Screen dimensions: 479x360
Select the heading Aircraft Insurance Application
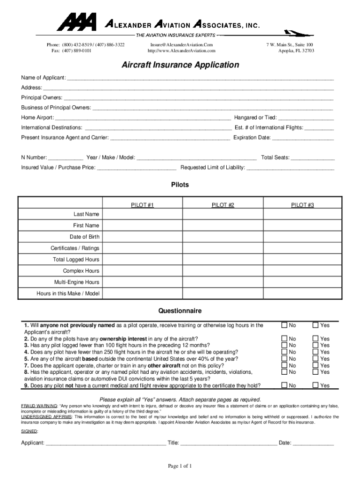pos(180,65)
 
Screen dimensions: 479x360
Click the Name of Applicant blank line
pos(200,78)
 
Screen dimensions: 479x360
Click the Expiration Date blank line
pos(303,138)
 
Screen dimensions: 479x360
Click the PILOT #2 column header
pos(223,205)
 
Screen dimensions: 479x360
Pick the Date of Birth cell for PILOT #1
pos(143,237)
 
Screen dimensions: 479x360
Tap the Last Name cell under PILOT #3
pos(302,214)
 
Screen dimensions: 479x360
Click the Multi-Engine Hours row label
pos(76,282)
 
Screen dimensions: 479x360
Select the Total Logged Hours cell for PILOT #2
pos(223,260)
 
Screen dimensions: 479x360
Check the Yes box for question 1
pos(316,325)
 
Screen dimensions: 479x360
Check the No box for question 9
pos(284,385)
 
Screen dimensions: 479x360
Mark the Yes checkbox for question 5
pos(316,359)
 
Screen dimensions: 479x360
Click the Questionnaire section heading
pos(180,311)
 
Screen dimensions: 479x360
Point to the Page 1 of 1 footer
pos(180,466)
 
